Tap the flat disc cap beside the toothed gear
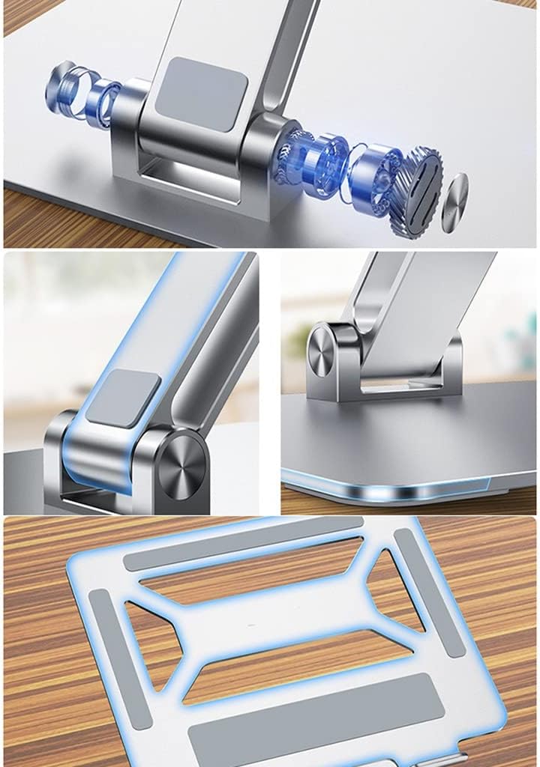(454, 203)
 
